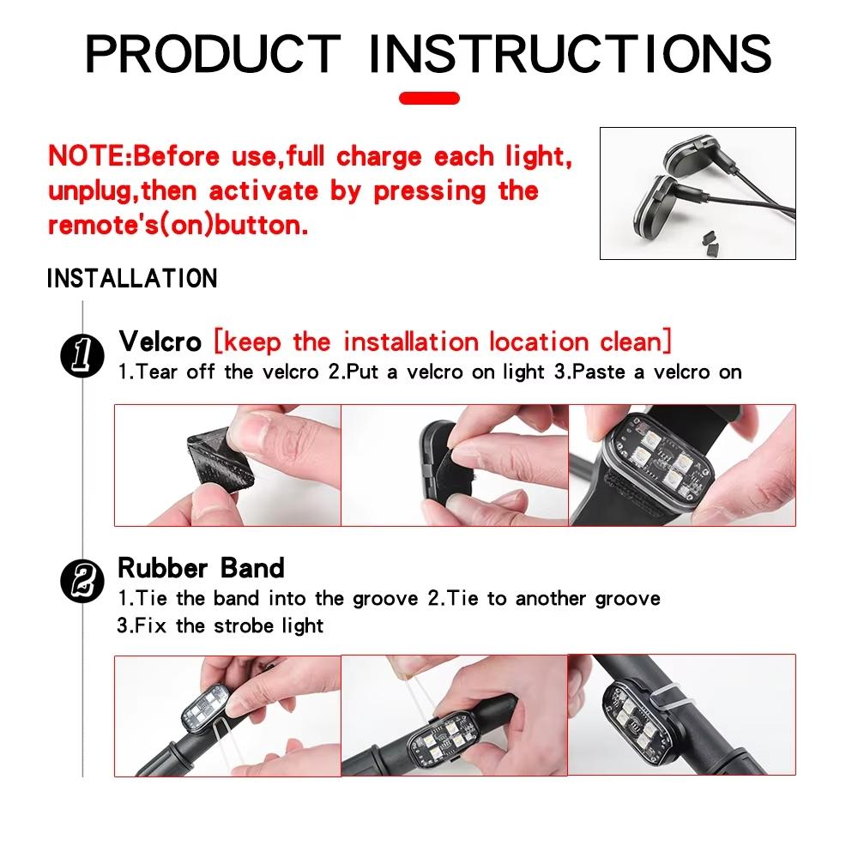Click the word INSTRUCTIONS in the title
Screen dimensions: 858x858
(571, 53)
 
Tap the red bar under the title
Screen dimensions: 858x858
(429, 98)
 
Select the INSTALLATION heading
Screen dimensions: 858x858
(131, 279)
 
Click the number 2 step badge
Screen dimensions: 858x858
(82, 581)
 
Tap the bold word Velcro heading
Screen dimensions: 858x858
(160, 341)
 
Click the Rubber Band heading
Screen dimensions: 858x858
(201, 568)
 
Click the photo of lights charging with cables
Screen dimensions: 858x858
(697, 193)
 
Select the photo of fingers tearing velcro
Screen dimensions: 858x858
(227, 464)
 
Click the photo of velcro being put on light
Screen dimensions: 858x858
(454, 464)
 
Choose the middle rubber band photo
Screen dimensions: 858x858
(454, 716)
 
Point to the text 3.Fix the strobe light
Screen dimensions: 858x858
(220, 625)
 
